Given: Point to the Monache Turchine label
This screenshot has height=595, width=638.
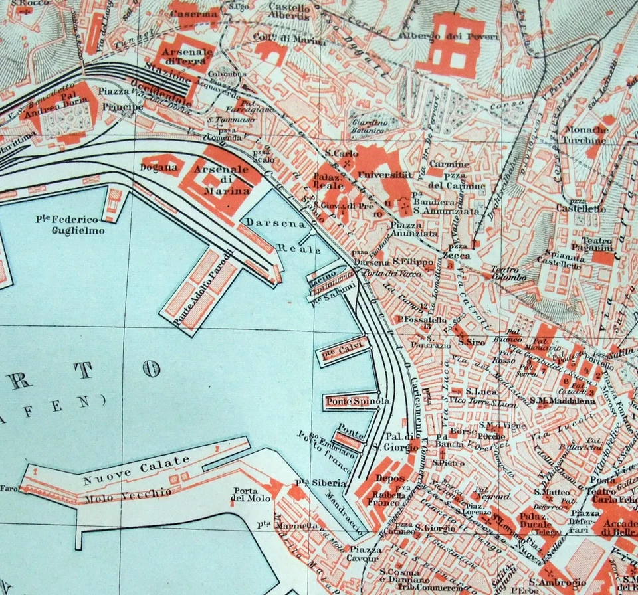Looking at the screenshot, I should pos(585,135).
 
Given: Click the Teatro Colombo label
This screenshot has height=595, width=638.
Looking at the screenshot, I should pos(509,273).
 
